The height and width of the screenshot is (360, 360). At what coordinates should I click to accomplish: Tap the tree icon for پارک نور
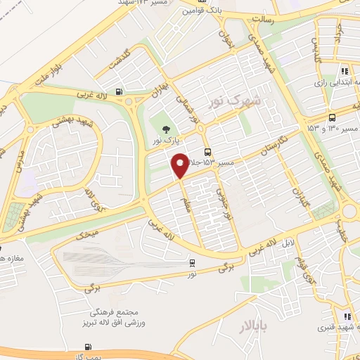165,129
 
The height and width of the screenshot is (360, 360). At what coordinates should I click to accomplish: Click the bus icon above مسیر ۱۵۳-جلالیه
207,153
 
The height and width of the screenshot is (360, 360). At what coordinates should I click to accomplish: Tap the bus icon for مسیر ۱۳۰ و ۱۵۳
332,117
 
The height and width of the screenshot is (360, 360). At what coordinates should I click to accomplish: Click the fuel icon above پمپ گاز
87,346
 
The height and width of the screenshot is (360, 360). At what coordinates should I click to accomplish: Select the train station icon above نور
192,262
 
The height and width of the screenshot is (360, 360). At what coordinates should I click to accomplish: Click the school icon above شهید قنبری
347,316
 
